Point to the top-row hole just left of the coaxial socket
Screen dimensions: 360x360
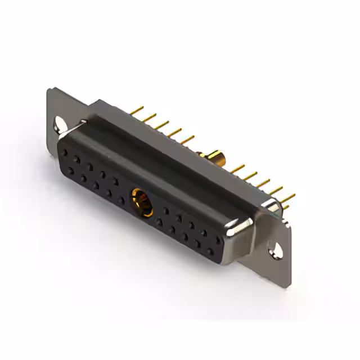click(x=114, y=181)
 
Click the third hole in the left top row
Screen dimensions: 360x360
click(x=89, y=166)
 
